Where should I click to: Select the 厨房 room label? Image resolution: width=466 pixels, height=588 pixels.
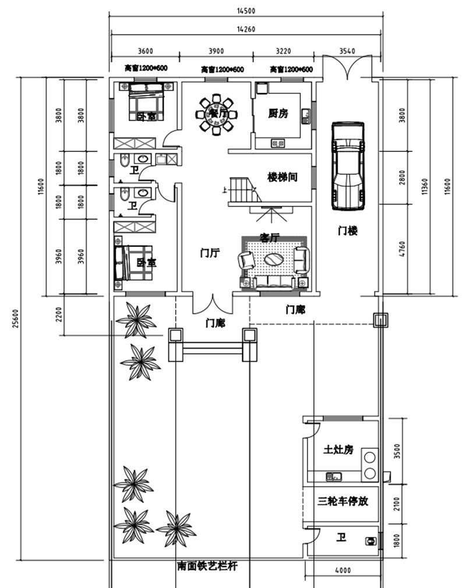[x=278, y=114]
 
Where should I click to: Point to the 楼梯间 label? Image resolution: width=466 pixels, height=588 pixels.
[x=283, y=177]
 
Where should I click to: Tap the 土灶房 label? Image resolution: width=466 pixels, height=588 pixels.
[x=338, y=449]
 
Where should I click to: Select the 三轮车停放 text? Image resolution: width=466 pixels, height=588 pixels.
[x=343, y=501]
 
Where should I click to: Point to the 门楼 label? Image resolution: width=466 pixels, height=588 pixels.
[x=348, y=231]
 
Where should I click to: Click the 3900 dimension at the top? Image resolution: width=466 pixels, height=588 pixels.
[x=216, y=51]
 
